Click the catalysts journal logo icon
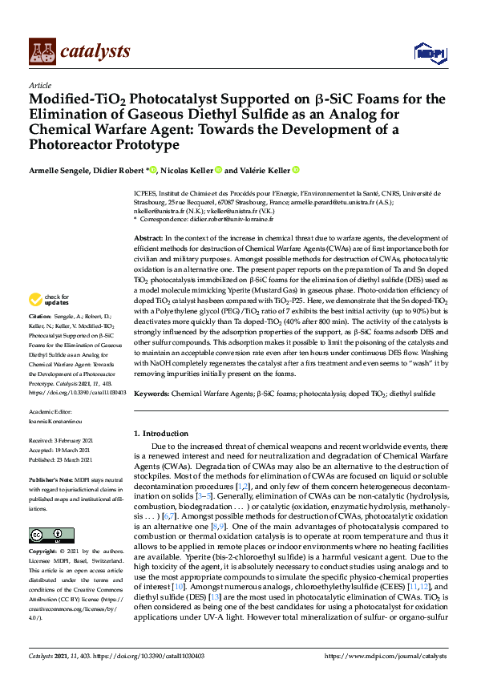pos(42,51)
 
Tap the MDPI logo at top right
pos(430,53)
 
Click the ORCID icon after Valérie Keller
pos(296,170)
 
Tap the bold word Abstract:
pos(148,239)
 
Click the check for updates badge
pos(48,299)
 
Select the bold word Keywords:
pos(152,394)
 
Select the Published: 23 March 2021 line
pos(63,460)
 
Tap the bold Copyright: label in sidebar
pos(45,552)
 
